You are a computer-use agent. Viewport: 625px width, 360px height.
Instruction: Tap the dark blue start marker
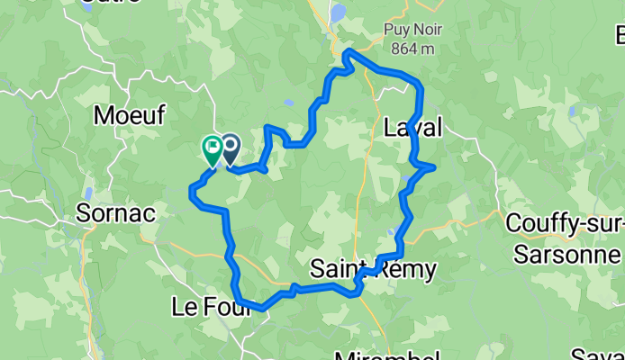click(231, 148)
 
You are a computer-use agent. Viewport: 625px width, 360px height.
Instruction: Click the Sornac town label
click(116, 213)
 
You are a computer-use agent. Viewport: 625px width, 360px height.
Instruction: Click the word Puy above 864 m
click(396, 28)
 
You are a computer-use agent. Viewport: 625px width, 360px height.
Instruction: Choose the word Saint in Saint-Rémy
click(336, 268)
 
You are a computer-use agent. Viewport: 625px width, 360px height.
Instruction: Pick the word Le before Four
click(181, 308)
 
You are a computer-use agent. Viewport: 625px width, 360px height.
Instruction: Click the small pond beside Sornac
click(88, 194)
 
